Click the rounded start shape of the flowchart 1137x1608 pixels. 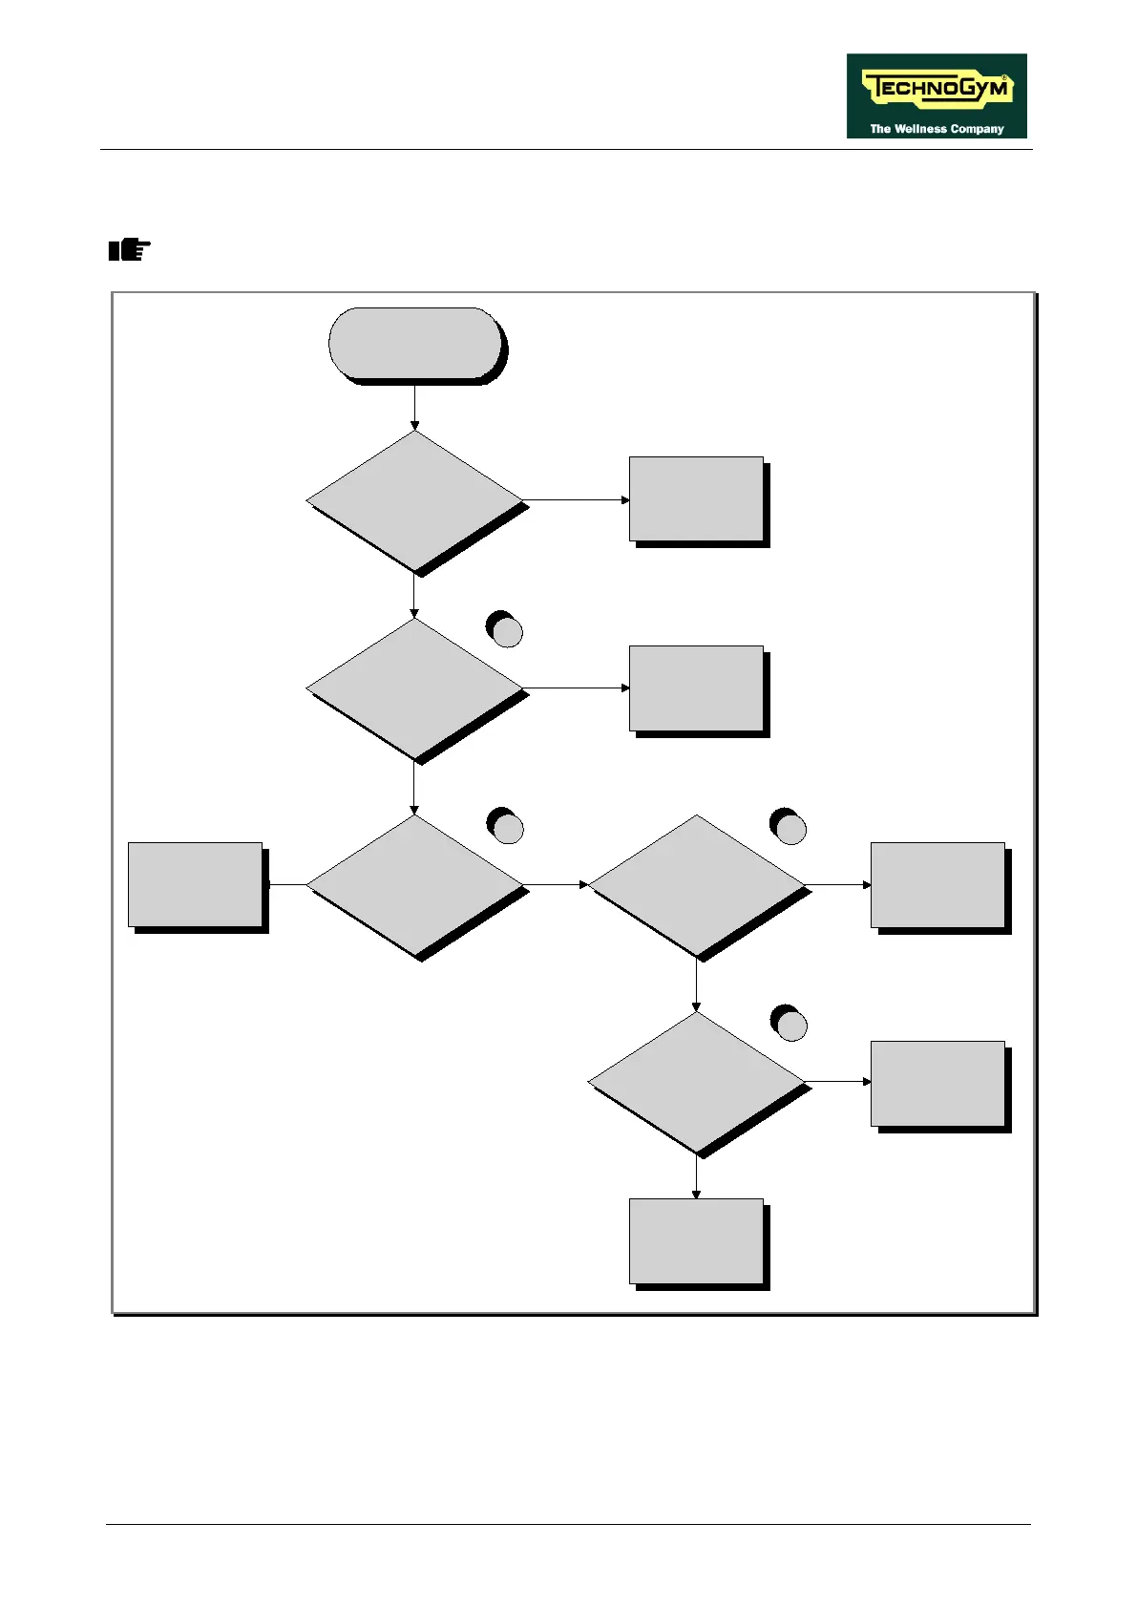click(415, 344)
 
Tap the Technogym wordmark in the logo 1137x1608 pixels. click(936, 89)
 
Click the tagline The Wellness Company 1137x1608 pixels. click(936, 128)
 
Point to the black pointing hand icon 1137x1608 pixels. click(129, 251)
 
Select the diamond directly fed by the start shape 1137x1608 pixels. click(415, 500)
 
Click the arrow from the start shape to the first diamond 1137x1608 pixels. click(415, 408)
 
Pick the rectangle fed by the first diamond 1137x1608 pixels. click(696, 499)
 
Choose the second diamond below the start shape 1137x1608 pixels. click(415, 688)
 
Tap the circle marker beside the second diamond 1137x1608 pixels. click(506, 632)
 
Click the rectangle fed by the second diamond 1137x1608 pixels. click(696, 688)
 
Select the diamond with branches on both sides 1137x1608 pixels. click(415, 885)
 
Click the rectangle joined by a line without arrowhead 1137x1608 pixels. click(196, 885)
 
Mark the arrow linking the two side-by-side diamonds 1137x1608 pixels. click(557, 885)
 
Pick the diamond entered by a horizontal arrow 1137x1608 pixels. click(697, 885)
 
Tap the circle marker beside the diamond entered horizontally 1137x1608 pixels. click(790, 829)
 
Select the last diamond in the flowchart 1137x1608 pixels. click(697, 1082)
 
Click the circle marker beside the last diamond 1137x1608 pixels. click(790, 1025)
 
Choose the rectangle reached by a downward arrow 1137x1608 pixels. click(696, 1241)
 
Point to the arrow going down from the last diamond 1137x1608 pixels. click(696, 1177)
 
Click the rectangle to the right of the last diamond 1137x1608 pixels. click(937, 1084)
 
